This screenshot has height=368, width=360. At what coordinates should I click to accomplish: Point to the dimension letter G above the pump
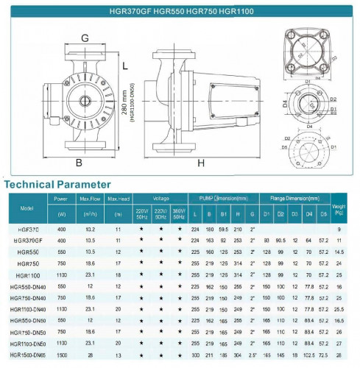point(85,38)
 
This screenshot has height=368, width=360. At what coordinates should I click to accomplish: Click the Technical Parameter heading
point(58,183)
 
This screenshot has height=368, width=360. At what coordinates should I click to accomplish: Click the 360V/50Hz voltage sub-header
point(180,214)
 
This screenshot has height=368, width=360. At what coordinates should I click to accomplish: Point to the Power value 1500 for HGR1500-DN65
point(61,354)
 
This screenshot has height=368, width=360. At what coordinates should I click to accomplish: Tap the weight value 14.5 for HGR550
point(339,252)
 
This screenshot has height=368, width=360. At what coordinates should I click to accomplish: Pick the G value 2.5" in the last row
point(253,354)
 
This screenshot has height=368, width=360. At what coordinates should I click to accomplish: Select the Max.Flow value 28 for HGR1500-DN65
point(90,354)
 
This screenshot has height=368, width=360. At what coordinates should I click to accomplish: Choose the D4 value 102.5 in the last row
point(309,354)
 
